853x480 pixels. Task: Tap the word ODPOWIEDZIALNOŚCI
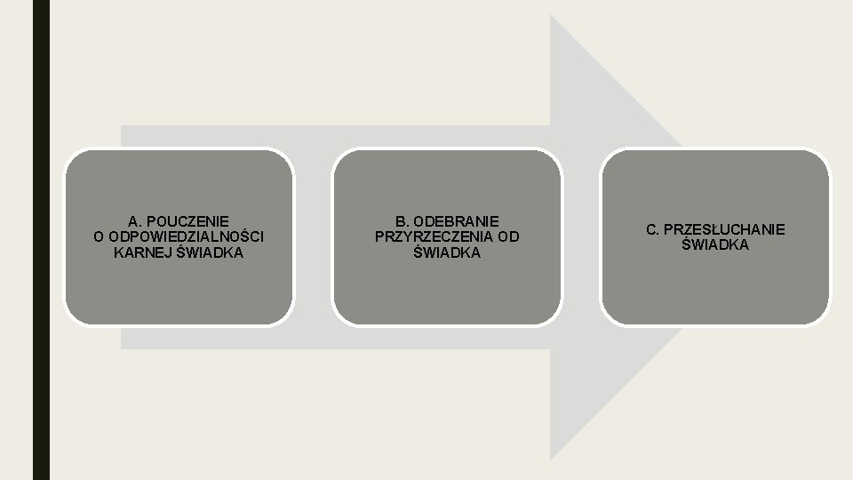(x=187, y=236)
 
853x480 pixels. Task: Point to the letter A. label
(x=135, y=220)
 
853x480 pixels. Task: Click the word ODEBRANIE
(x=456, y=220)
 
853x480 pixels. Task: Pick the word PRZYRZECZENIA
(x=434, y=236)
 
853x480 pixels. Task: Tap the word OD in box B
(x=508, y=236)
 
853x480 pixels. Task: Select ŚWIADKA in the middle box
(x=447, y=252)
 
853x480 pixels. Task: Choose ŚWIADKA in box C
(x=715, y=244)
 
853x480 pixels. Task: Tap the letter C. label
(x=653, y=229)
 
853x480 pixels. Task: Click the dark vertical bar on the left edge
(x=42, y=240)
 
